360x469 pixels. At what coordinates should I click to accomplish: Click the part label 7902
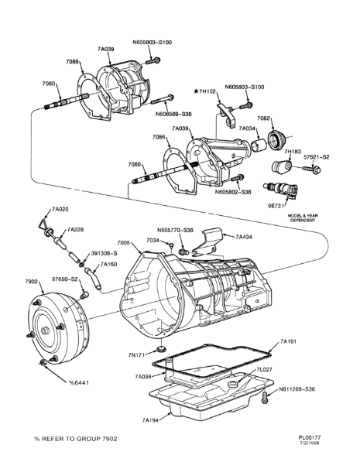(x=30, y=282)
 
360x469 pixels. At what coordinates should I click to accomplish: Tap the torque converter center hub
(x=45, y=330)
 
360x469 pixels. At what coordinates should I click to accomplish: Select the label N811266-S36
(x=297, y=389)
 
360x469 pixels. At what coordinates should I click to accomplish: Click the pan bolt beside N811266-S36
(x=264, y=398)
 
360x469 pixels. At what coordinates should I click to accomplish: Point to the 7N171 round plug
(x=162, y=349)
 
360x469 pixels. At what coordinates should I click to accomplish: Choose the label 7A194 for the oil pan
(x=150, y=420)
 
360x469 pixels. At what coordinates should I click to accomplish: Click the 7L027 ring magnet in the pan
(x=232, y=385)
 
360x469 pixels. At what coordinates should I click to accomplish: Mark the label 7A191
(x=288, y=341)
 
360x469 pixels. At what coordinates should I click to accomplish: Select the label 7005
(x=123, y=242)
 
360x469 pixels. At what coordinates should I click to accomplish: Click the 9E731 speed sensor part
(x=281, y=190)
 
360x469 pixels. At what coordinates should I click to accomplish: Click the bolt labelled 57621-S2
(x=311, y=169)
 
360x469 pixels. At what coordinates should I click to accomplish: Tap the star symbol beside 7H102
(x=197, y=91)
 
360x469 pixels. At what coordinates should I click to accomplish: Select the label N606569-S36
(x=173, y=114)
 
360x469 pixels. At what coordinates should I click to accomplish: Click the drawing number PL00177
(x=311, y=437)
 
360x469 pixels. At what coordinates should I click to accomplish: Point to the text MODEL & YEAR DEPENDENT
(x=303, y=217)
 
